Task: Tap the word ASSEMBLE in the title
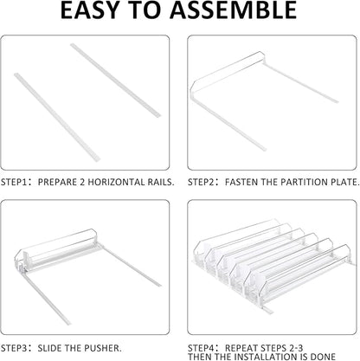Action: [x=233, y=10]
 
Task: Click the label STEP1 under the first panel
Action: [x=14, y=183]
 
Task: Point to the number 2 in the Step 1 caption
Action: [x=82, y=183]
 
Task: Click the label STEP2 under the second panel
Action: [x=201, y=183]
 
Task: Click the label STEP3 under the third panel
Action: [x=14, y=348]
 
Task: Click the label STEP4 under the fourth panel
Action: [x=201, y=348]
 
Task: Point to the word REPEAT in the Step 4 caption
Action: [x=241, y=348]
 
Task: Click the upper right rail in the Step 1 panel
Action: [x=115, y=81]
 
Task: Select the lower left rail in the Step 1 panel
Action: [x=57, y=117]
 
